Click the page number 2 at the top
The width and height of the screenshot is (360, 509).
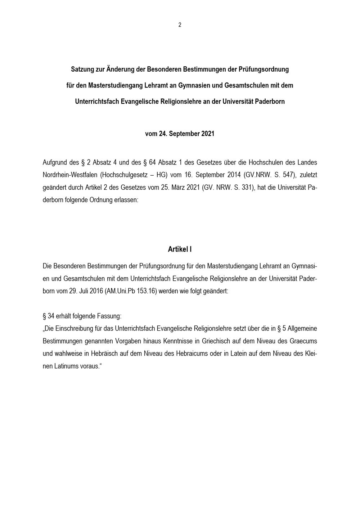click(180, 25)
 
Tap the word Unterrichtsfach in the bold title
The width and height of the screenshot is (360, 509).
click(96, 102)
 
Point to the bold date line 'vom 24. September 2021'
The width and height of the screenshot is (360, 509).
click(180, 134)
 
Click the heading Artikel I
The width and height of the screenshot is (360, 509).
click(180, 249)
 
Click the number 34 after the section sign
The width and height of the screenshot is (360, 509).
click(51, 316)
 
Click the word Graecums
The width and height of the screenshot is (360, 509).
click(303, 341)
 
